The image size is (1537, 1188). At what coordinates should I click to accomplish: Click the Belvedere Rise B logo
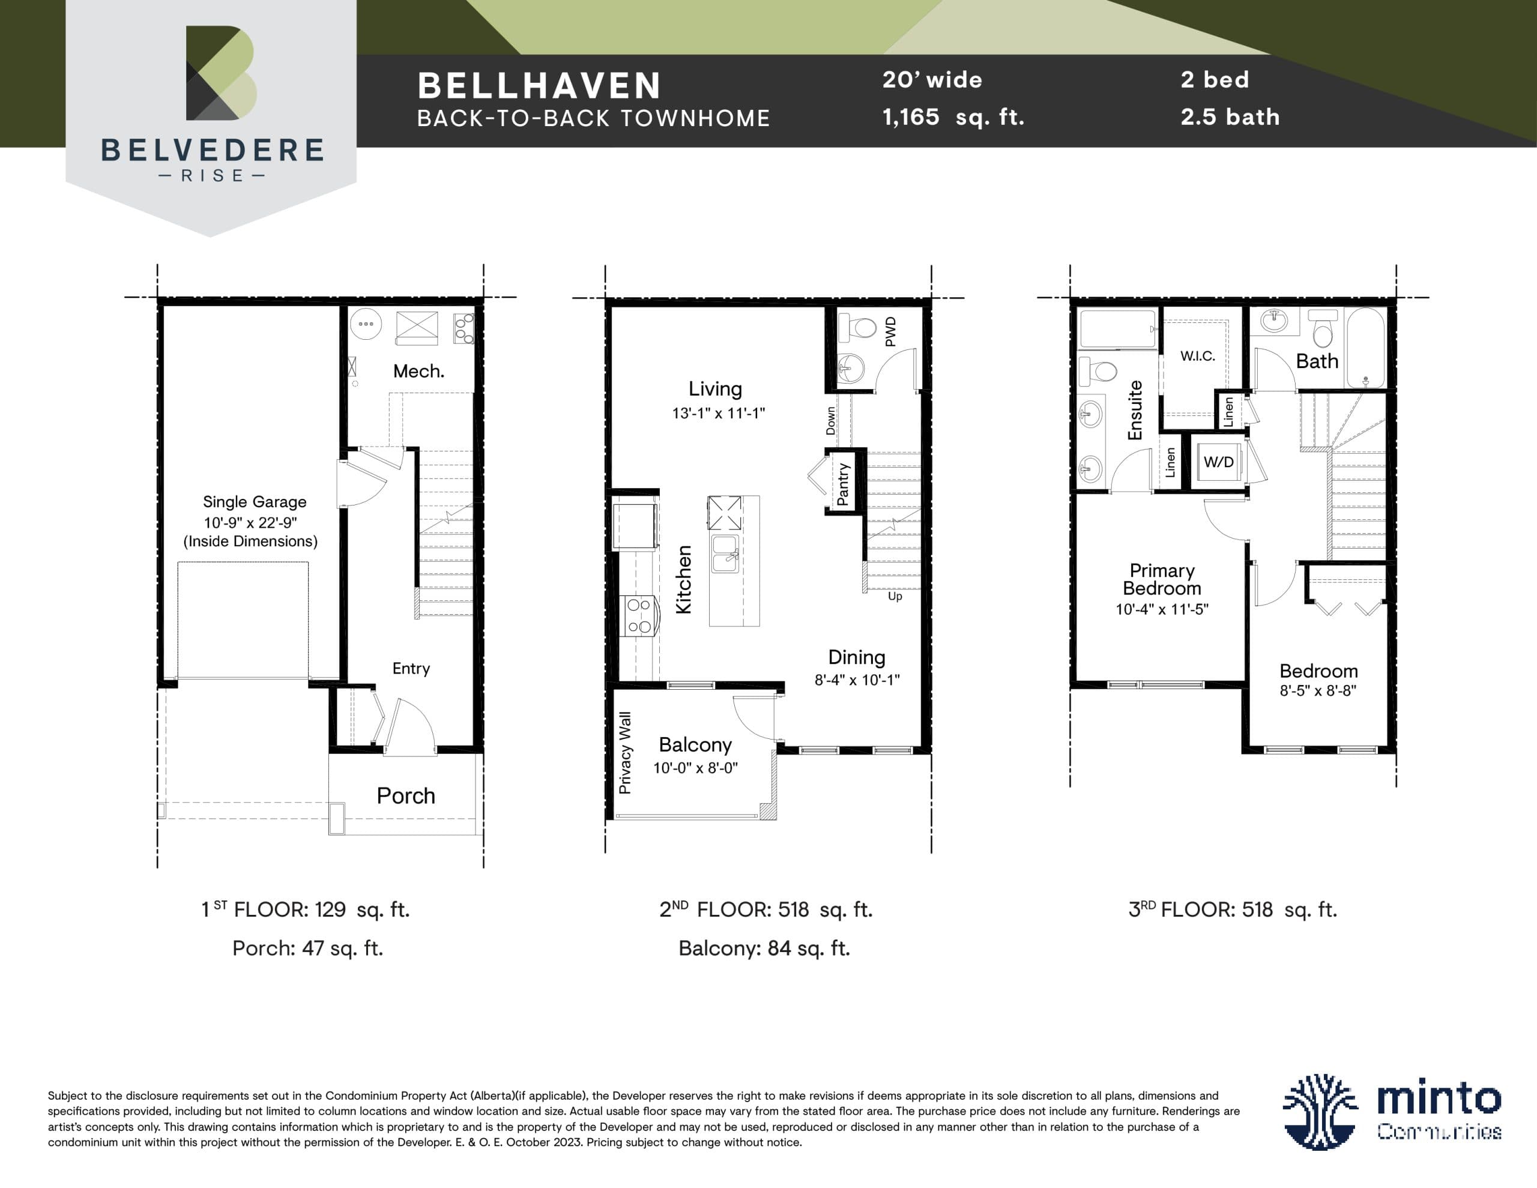(221, 73)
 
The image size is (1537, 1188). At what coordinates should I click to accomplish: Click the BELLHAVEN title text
(539, 86)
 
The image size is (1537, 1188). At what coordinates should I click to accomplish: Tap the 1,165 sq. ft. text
(953, 117)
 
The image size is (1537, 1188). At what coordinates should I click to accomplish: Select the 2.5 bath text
(1230, 117)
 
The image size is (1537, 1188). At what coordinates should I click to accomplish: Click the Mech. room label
(418, 371)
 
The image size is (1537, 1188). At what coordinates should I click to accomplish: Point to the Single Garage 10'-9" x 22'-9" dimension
(250, 522)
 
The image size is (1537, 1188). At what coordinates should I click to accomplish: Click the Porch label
(406, 795)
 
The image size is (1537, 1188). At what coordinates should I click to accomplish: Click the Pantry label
(842, 484)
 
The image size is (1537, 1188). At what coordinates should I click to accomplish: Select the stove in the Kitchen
(639, 616)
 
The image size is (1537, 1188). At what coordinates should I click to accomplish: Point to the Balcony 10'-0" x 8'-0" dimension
(695, 768)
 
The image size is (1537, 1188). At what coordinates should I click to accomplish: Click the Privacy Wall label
(625, 752)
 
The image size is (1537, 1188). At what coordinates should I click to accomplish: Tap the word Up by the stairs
(895, 596)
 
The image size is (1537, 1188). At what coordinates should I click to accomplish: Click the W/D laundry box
(1218, 462)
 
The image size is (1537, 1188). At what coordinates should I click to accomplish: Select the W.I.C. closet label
(1198, 356)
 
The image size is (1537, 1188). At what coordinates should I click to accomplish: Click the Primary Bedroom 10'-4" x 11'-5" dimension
(1162, 609)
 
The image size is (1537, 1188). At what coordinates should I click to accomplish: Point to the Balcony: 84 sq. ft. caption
(764, 948)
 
